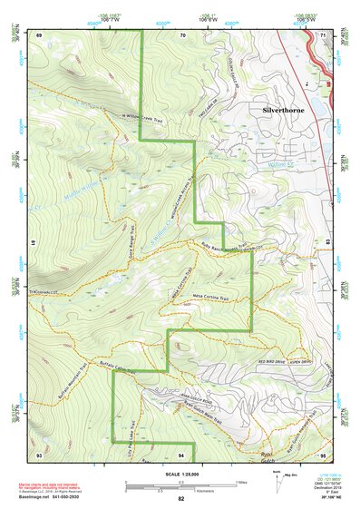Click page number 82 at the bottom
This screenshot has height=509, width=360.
point(181,500)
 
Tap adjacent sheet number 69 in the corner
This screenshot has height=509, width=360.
point(39,34)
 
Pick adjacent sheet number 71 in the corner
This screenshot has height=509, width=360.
point(324,34)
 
